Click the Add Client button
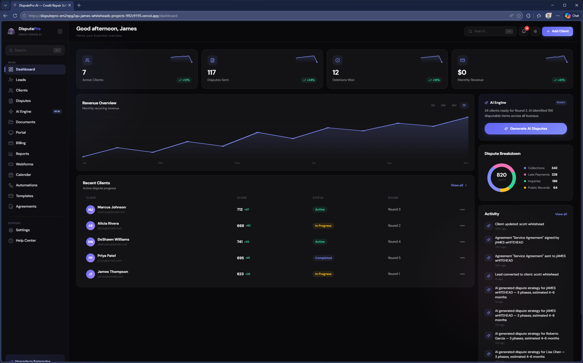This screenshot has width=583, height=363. pos(557,31)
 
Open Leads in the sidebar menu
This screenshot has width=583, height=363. pos(21,80)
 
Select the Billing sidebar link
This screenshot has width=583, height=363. pos(21,143)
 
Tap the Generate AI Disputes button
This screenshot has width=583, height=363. pos(526,129)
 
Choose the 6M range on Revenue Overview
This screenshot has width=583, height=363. pos(454,105)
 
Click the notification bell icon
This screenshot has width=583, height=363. pos(524,31)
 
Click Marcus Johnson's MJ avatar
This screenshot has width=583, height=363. pos(91,209)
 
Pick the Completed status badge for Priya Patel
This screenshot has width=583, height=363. pos(323,258)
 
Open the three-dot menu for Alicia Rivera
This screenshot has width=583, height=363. pos(462,226)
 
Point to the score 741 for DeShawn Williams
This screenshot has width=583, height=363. pos(240,242)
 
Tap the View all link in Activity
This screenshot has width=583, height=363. pos(561,214)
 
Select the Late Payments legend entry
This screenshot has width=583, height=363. pos(538,175)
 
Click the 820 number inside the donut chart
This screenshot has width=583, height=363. pos(501,175)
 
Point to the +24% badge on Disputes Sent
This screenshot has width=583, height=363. pos(309,80)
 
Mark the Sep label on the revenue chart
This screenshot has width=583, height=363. pos(389,163)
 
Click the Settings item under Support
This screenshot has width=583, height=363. pos(23,230)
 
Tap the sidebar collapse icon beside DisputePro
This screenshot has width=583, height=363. pos(60,31)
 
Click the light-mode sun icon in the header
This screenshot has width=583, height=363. pos(535,31)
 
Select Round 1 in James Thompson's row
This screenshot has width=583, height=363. pos(394,274)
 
